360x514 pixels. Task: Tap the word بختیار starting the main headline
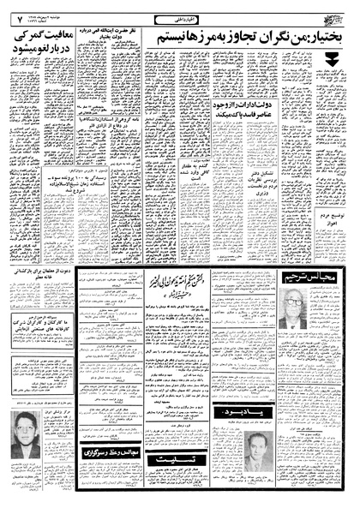point(317,37)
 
